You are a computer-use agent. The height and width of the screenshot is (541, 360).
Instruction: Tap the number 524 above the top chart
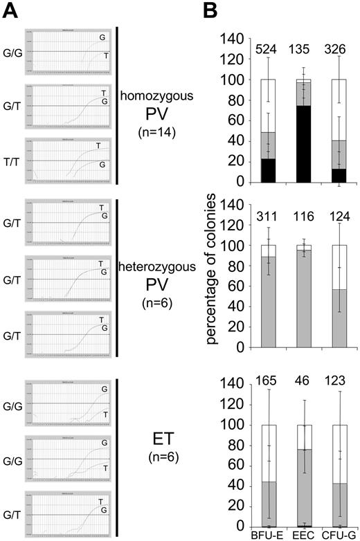tap(266, 49)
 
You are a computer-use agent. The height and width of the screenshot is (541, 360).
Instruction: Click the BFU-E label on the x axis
tap(265, 533)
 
